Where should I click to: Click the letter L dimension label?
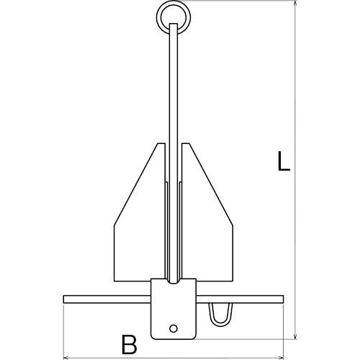[284, 161]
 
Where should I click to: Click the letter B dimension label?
[129, 345]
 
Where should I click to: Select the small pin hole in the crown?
[174, 328]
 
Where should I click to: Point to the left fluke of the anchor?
[139, 225]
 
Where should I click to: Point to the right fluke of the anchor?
[207, 225]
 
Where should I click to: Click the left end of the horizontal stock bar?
[64, 299]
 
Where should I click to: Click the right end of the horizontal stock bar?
[283, 299]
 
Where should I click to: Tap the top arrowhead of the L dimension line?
[295, 3]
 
